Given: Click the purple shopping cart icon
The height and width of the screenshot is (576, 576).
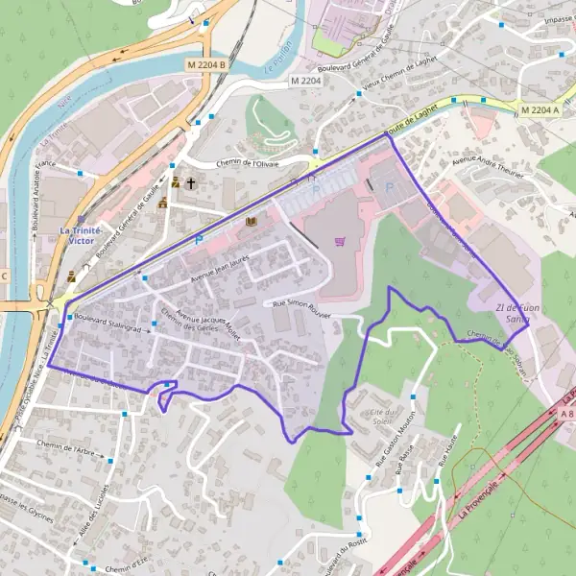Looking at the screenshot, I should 339,241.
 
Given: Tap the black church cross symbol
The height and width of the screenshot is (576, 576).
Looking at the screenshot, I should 190,182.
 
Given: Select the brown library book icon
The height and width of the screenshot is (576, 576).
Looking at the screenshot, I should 251,222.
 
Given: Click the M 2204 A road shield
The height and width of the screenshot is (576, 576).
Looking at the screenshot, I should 540,110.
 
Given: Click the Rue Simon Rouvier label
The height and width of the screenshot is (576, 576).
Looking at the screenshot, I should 301,306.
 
